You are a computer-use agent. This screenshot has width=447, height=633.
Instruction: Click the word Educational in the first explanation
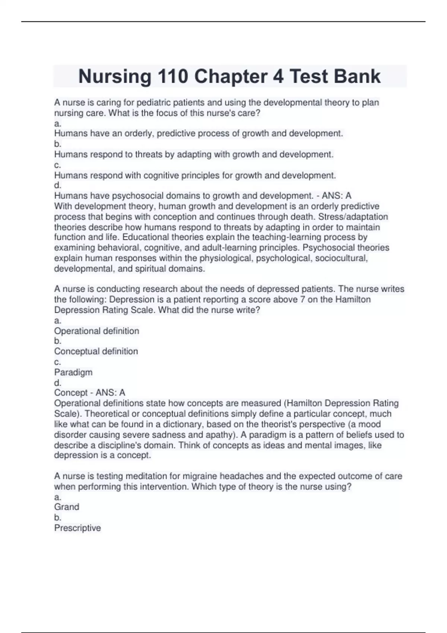pyautogui.click(x=145, y=237)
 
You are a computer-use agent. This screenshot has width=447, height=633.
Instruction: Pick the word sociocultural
pyautogui.click(x=341, y=258)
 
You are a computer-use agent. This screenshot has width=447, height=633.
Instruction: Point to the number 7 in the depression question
pyautogui.click(x=302, y=299)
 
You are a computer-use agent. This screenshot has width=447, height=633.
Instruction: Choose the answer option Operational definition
pyautogui.click(x=96, y=331)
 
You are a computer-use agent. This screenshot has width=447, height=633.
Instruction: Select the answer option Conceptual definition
pyautogui.click(x=96, y=351)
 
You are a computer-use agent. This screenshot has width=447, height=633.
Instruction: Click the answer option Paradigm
pyautogui.click(x=73, y=372)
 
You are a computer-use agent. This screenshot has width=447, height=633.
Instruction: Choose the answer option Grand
pyautogui.click(x=67, y=507)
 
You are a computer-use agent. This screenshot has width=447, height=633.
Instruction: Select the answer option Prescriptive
pyautogui.click(x=77, y=528)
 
